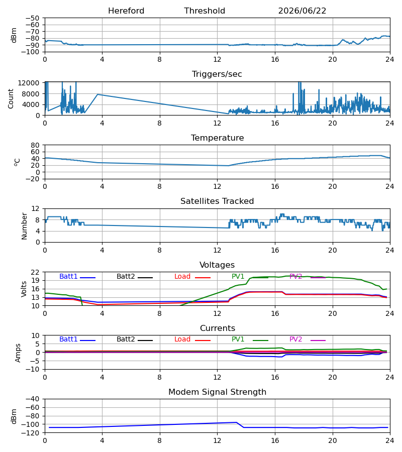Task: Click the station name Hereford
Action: coord(126,11)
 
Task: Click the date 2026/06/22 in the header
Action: coord(302,11)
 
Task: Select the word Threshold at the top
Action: coord(205,11)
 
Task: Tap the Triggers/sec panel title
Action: coord(217,74)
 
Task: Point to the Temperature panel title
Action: coord(217,138)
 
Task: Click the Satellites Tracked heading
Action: coord(217,201)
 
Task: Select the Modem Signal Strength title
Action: coord(217,392)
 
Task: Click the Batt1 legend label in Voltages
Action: coord(68,276)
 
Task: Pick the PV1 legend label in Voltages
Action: coord(238,276)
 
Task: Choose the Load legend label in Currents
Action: coord(182,340)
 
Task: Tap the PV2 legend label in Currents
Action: coord(295,340)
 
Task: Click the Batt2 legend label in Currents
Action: coord(126,340)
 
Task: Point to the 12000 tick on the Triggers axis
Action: coord(29,83)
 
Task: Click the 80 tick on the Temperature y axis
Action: coord(35,145)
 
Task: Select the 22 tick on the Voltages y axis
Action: coord(35,272)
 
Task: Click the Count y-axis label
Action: coord(11,98)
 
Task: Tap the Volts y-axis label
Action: coord(24,289)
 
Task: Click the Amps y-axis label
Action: coord(18,353)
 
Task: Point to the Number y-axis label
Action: coord(24,226)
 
